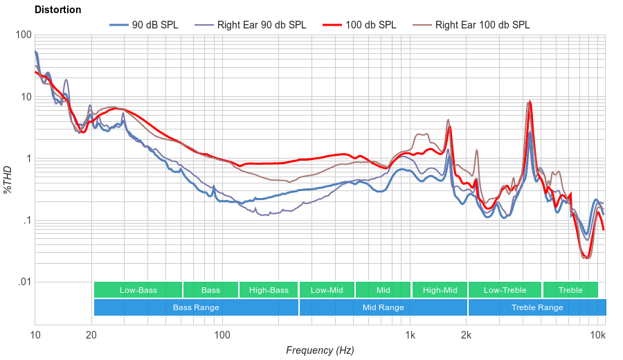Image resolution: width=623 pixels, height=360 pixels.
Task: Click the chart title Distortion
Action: tap(57, 10)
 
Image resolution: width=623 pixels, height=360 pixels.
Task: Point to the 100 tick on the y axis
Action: tap(23, 35)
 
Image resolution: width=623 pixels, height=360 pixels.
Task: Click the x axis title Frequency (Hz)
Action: tap(320, 350)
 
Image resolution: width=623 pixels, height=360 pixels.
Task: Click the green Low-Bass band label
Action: tap(138, 290)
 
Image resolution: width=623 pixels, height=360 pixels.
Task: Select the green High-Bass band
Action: tap(269, 290)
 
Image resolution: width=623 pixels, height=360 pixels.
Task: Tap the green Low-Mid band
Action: tap(327, 290)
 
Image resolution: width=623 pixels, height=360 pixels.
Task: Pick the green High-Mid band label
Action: tap(440, 290)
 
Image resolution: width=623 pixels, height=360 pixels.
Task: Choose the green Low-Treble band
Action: tap(505, 290)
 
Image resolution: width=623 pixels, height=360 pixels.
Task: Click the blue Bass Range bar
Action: tap(196, 307)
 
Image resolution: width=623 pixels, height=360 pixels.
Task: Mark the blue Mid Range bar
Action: tap(383, 307)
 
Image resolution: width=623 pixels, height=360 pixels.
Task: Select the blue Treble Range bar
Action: tap(537, 307)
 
